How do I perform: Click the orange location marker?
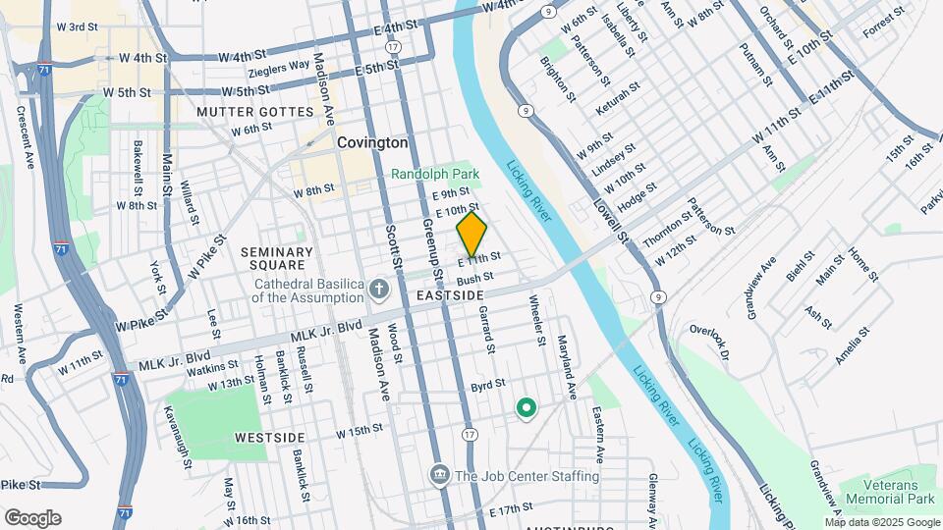coord(471,235)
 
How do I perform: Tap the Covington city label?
coord(372,142)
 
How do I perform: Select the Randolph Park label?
coord(435,174)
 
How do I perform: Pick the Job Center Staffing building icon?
coord(439,476)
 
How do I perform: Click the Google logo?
coord(32,518)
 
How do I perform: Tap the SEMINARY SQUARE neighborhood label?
coord(277,259)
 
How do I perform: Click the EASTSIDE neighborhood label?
coord(450,295)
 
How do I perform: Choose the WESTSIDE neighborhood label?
coord(270,436)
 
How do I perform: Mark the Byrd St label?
coord(487,384)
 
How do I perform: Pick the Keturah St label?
coord(618,99)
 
